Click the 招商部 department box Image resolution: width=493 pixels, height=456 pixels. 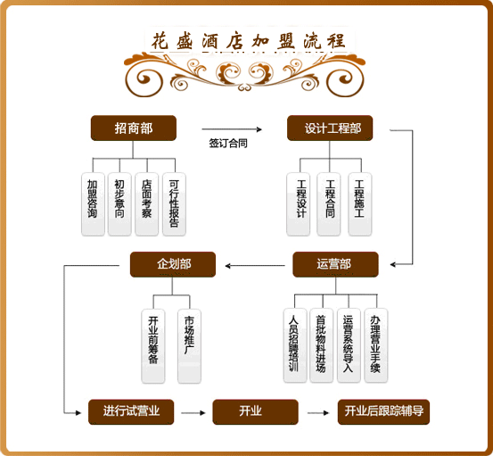tap(134, 129)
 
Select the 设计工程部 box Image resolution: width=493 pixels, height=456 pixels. tap(330, 129)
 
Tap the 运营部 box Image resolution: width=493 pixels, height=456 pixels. tap(335, 264)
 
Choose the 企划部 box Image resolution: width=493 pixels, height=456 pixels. tap(173, 264)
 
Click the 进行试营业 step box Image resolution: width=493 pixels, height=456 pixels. tap(131, 412)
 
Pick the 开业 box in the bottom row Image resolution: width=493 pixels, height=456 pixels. tap(255, 412)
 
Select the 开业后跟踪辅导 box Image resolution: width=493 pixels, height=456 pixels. tap(383, 412)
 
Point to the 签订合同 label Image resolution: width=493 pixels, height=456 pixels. tap(228, 143)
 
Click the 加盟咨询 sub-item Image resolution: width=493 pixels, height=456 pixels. tap(93, 204)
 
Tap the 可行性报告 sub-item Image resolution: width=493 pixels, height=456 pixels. tap(174, 204)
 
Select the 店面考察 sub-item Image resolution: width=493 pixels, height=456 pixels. tap(146, 204)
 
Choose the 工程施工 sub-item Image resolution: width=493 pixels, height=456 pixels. tap(359, 204)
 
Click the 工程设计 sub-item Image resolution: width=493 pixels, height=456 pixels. tap(299, 204)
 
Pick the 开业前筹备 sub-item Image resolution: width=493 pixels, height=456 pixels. tap(153, 346)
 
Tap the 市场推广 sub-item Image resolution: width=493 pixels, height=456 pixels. tap(189, 346)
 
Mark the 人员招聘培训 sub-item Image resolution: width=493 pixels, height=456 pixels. tap(295, 345)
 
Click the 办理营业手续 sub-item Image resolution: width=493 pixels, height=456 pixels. tap(376, 345)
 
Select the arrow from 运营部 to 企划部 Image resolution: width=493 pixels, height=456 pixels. tap(255, 266)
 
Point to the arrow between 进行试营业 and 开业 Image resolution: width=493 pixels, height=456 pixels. tap(193, 413)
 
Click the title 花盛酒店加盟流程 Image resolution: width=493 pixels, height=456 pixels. tap(249, 41)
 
